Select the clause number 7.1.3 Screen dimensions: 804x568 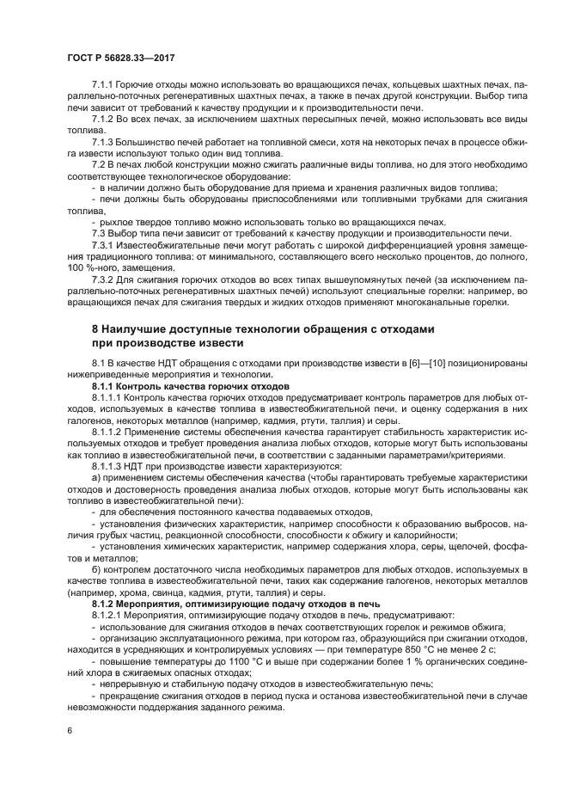[102, 142]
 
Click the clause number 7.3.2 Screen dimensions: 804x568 [102, 279]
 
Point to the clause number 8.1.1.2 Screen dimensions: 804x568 [107, 432]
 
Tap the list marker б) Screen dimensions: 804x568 [95, 570]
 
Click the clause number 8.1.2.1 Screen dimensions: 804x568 [107, 615]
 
